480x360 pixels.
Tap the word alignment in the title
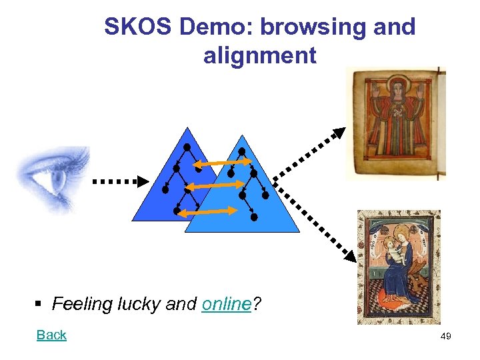[x=260, y=55]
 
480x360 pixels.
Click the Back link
[x=51, y=335]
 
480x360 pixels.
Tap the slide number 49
[x=445, y=337]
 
